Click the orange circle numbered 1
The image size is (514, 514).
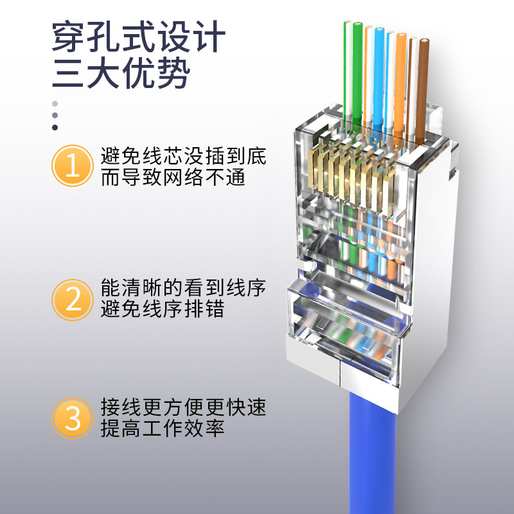(73, 166)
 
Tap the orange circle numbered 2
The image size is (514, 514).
(73, 299)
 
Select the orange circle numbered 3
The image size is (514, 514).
(73, 418)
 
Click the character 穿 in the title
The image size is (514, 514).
(69, 36)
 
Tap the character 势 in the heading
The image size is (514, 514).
(174, 73)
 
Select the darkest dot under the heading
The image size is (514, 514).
(55, 127)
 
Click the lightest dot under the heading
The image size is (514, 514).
(55, 103)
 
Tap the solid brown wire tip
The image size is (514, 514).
(424, 42)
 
